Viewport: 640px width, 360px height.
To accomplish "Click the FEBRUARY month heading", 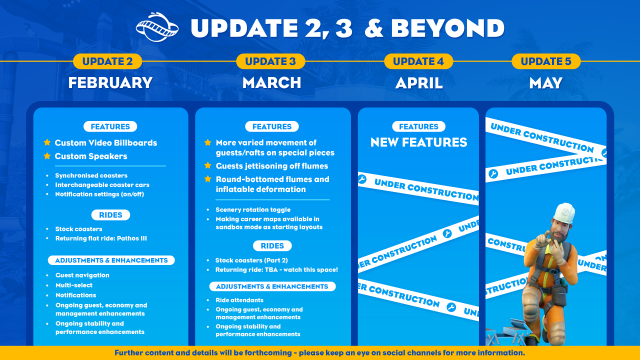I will pyautogui.click(x=109, y=83).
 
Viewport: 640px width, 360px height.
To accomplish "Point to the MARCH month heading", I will pyautogui.click(x=271, y=83).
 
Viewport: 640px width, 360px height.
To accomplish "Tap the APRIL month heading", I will pyautogui.click(x=418, y=83).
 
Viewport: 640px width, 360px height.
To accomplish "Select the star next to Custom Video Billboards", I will pyautogui.click(x=45, y=143).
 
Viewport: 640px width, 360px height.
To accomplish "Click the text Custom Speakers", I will pyautogui.click(x=91, y=156).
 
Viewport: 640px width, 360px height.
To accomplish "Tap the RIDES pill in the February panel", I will pyautogui.click(x=110, y=213).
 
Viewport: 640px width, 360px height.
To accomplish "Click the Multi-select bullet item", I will pyautogui.click(x=76, y=284).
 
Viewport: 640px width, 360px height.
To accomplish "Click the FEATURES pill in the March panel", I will pyautogui.click(x=272, y=127).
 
